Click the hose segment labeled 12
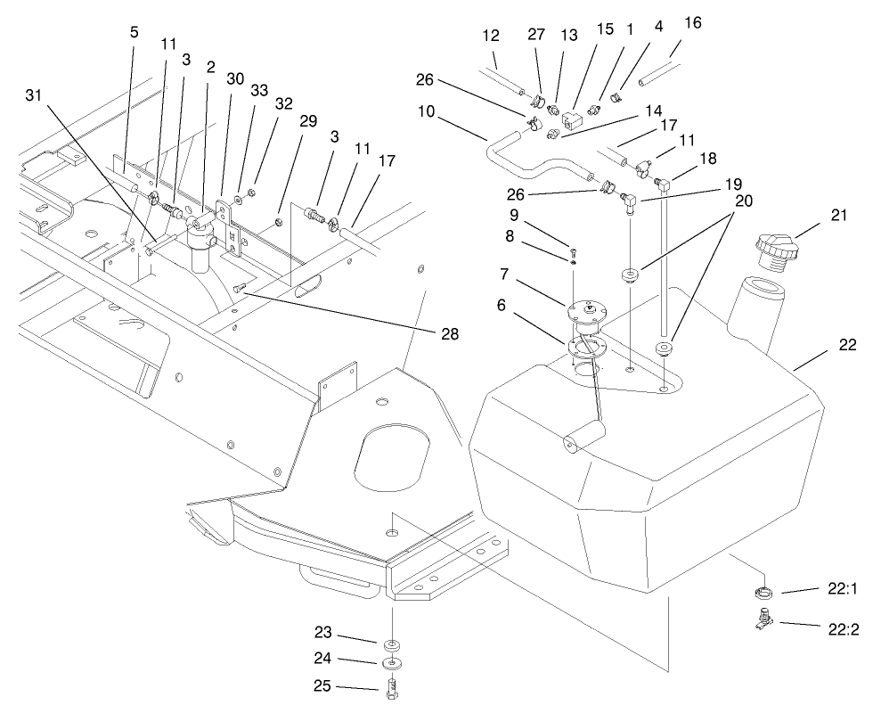tap(509, 78)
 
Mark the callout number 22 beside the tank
tap(847, 344)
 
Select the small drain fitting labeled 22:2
tap(763, 618)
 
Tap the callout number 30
tap(235, 78)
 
